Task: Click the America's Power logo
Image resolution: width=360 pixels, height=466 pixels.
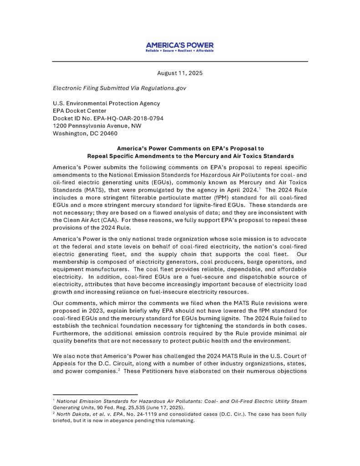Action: (180, 46)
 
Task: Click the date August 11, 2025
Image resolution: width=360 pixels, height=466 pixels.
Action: (180, 73)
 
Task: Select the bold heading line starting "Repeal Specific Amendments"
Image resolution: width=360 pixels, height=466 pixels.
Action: (190, 156)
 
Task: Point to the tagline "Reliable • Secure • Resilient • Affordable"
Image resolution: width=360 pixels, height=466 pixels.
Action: (180, 51)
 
